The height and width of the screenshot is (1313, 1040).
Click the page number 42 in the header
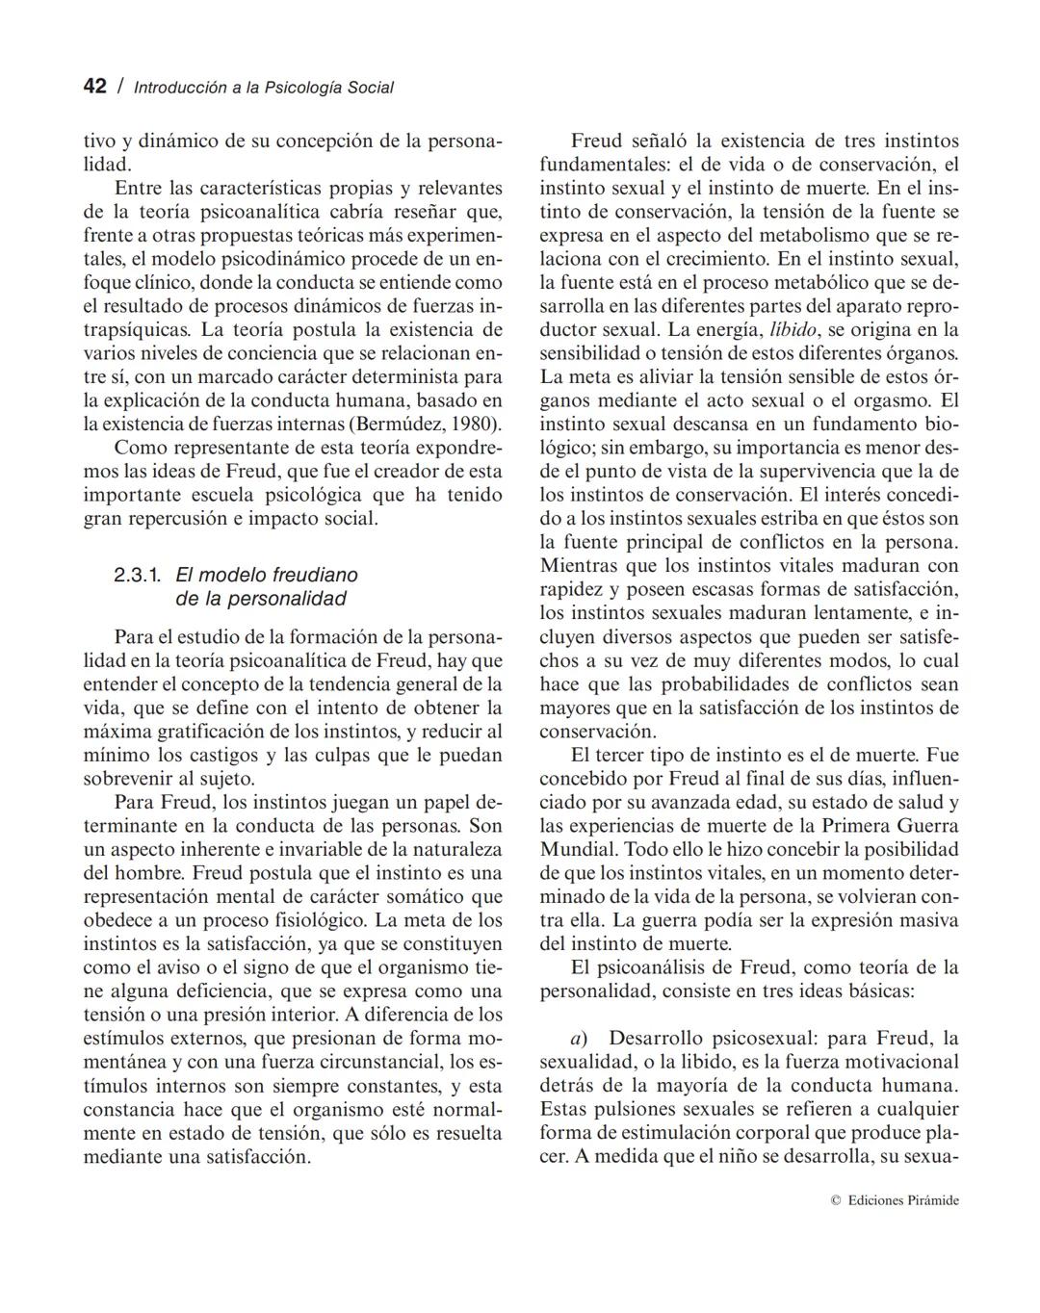click(x=94, y=86)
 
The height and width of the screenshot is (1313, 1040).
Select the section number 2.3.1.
click(x=138, y=576)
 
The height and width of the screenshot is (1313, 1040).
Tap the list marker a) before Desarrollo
click(x=579, y=1039)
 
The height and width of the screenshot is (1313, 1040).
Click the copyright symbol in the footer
click(x=835, y=1200)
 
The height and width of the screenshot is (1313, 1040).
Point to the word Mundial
click(x=578, y=850)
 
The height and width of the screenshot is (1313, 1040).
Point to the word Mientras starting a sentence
click(x=579, y=566)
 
